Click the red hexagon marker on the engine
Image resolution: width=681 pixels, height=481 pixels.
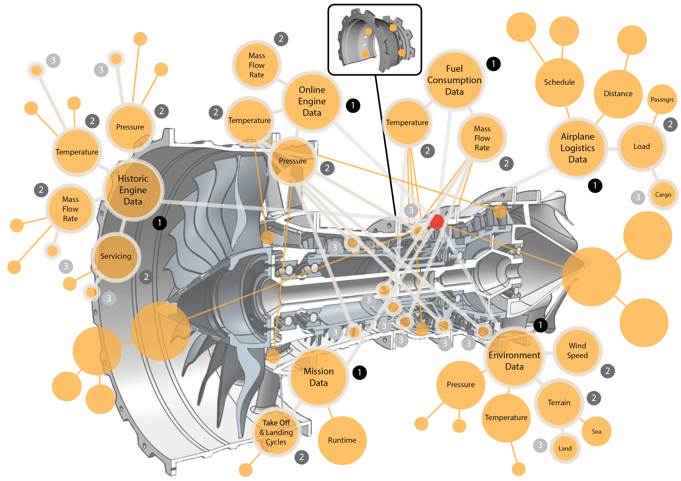(x=437, y=222)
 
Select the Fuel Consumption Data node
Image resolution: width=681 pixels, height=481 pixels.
(x=454, y=80)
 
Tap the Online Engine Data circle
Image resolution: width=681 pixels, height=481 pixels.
(x=312, y=101)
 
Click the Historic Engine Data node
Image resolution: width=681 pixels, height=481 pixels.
(x=133, y=190)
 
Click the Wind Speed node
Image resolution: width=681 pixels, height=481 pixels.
(x=577, y=351)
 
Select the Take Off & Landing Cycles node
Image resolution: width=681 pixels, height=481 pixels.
(x=276, y=432)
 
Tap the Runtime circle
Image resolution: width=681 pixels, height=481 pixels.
(x=342, y=440)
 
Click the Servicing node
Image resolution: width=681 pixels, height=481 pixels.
(x=116, y=256)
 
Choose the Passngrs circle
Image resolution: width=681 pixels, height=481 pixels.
(x=662, y=99)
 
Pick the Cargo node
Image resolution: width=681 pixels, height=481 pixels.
(x=663, y=195)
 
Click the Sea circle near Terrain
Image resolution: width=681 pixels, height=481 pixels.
(x=596, y=432)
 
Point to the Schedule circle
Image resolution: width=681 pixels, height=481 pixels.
(x=559, y=82)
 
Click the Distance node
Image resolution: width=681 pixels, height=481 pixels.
(x=618, y=94)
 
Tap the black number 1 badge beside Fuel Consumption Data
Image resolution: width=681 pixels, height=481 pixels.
(x=493, y=64)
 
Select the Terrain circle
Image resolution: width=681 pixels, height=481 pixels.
(x=559, y=402)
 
